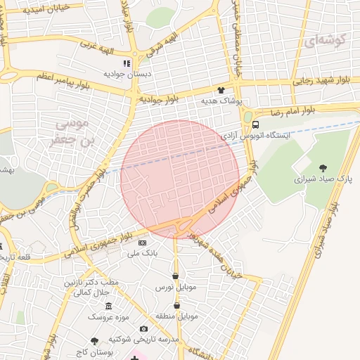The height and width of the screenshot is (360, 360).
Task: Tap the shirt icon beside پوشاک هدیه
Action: pos(221,90)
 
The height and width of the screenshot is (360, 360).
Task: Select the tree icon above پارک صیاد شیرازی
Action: pos(323,167)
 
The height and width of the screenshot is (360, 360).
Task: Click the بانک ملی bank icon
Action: pos(143,243)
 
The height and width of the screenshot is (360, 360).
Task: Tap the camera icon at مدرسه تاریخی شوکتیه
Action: pos(143,328)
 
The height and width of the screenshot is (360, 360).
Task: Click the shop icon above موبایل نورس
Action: pos(174,276)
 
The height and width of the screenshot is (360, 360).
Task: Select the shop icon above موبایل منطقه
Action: pos(176,305)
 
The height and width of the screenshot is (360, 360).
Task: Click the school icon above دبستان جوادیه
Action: pos(127,63)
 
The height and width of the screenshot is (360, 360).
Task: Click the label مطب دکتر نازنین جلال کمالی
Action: pos(95,287)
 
